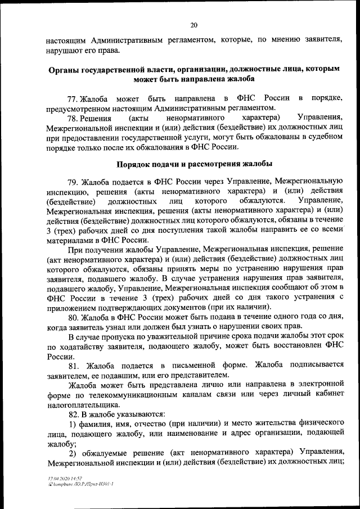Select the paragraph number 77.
point(73,98)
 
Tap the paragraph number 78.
point(73,118)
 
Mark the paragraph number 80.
point(73,317)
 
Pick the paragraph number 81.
point(73,365)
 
